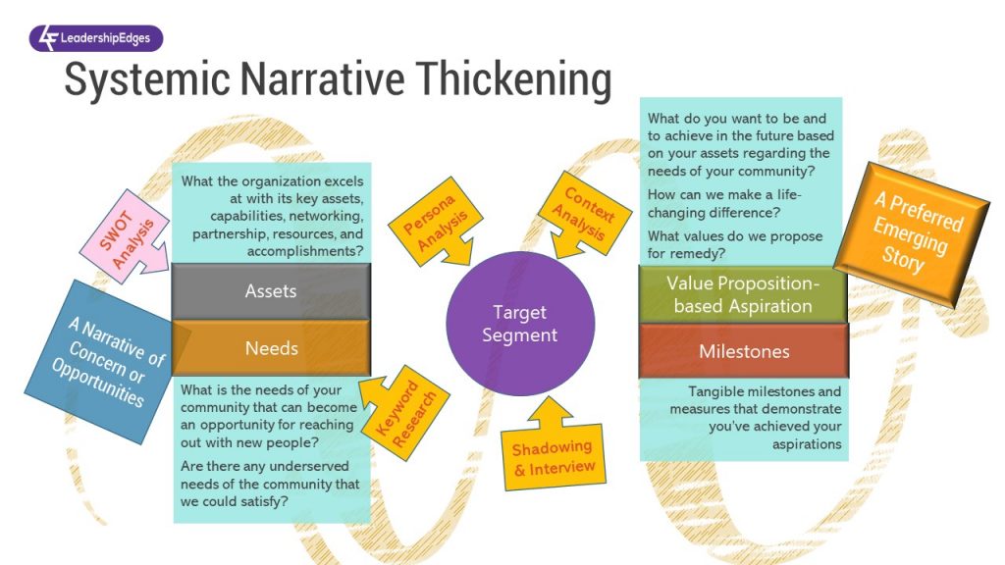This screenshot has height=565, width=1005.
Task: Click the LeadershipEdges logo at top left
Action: pos(96,38)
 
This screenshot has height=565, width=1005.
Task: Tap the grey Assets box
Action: pos(271,291)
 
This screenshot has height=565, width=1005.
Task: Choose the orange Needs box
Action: pos(271,347)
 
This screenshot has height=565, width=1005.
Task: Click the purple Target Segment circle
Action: pos(519,324)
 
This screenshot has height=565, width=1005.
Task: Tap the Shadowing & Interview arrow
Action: pos(555,452)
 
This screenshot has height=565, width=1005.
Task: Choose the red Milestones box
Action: pos(744,351)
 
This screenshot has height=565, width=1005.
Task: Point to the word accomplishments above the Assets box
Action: pos(302,250)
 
